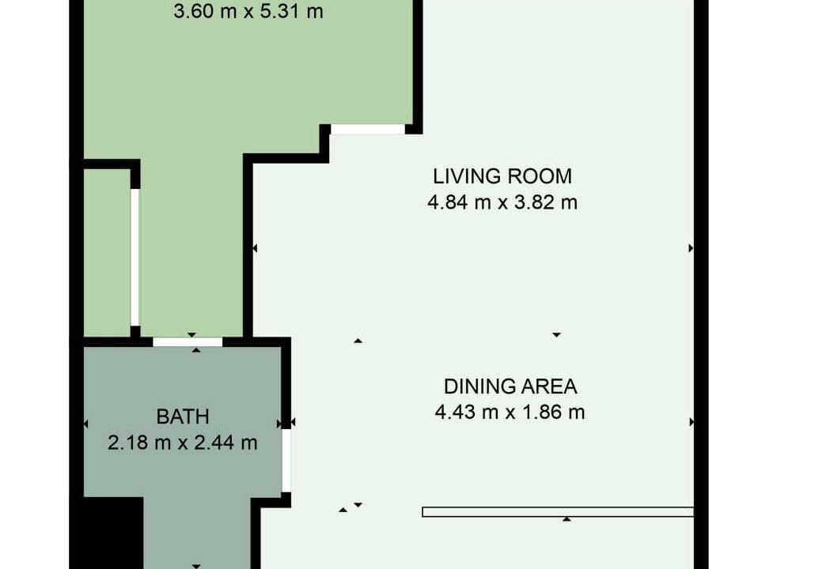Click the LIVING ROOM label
[x=502, y=176]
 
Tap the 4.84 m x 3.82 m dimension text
[x=502, y=202]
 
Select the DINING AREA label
[x=510, y=386]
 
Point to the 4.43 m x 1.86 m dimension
[x=510, y=412]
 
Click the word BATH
[x=183, y=416]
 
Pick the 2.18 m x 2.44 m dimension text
[x=183, y=443]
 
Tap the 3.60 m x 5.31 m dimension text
[x=248, y=11]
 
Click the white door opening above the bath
[x=188, y=342]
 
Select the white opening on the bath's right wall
[x=286, y=460]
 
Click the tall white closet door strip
[x=135, y=257]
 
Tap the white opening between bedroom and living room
[x=368, y=129]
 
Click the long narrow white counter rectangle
[x=558, y=512]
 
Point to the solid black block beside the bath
[x=114, y=533]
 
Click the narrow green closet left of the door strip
[x=108, y=253]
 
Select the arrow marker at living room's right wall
[x=690, y=248]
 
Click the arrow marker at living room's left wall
[x=255, y=248]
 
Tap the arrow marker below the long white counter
[x=567, y=519]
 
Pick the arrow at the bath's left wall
[x=86, y=424]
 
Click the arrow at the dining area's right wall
[x=692, y=422]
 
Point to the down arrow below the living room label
[x=556, y=335]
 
